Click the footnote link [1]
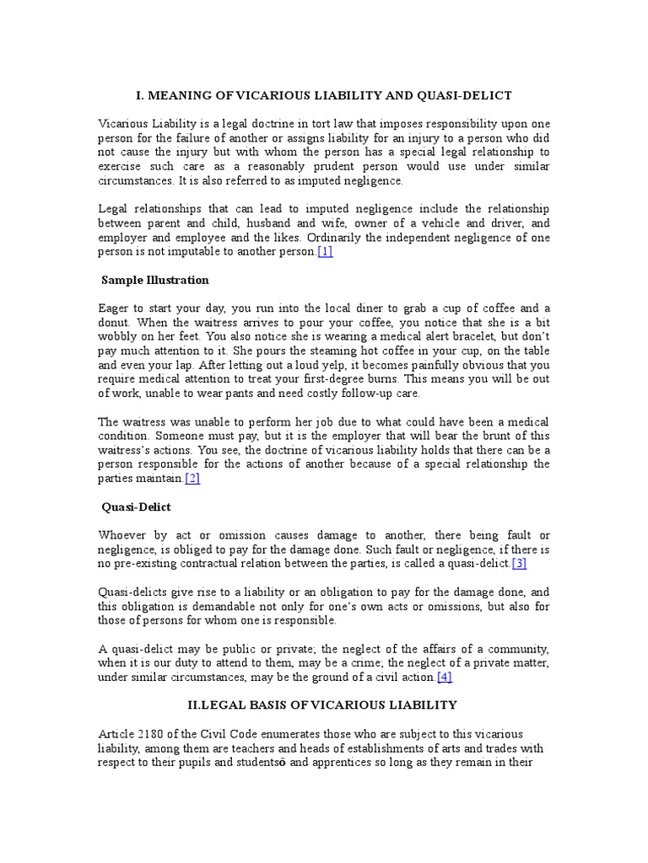[325, 251]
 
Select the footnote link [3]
[518, 563]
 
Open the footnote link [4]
[445, 677]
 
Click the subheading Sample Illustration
[155, 280]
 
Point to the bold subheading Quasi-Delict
[138, 507]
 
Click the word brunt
[483, 436]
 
